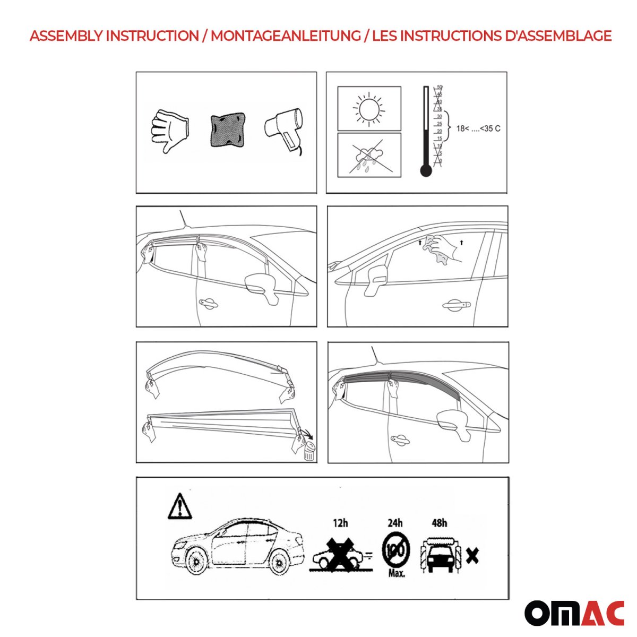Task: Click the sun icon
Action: pyautogui.click(x=369, y=109)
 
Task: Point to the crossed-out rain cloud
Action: pyautogui.click(x=369, y=155)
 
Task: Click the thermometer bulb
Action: pyautogui.click(x=426, y=170)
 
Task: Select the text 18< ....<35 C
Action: pyautogui.click(x=478, y=128)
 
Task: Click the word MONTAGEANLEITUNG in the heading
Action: pyautogui.click(x=285, y=36)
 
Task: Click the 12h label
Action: pyautogui.click(x=340, y=523)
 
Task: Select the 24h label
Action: pyautogui.click(x=395, y=523)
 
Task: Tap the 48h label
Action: pyautogui.click(x=439, y=523)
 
